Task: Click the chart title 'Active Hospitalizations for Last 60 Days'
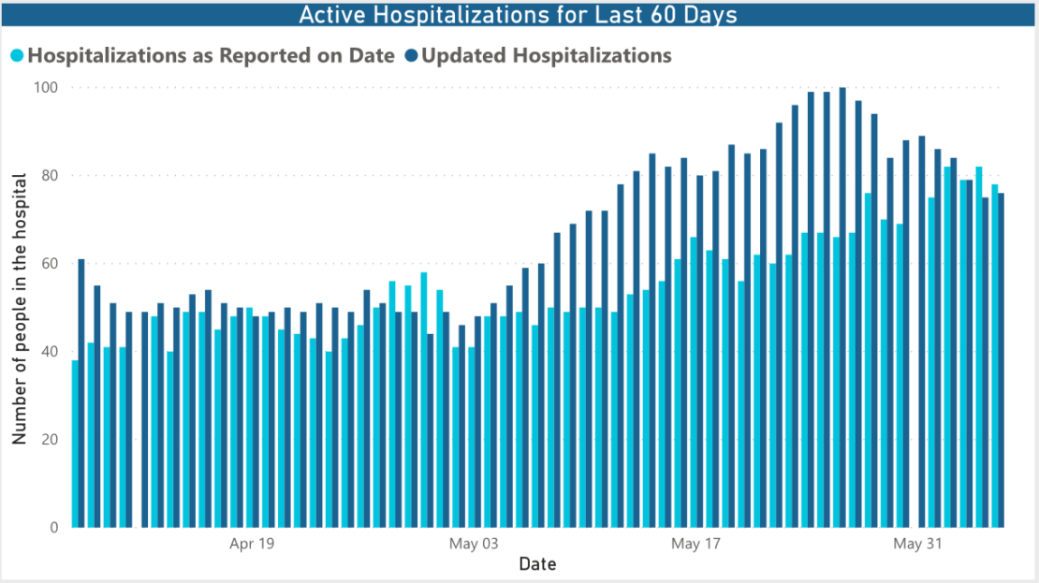[x=518, y=15]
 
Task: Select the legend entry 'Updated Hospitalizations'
[x=547, y=55]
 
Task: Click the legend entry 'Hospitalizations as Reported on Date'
[x=211, y=55]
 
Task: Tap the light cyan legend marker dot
[x=17, y=56]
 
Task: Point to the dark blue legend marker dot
[x=411, y=56]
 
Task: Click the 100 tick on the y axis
[x=46, y=88]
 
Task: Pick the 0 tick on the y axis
[x=53, y=528]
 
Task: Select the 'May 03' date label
[x=475, y=544]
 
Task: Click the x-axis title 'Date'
[x=537, y=564]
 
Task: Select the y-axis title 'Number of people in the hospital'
[x=19, y=309]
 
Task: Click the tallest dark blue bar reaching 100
[x=842, y=309]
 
